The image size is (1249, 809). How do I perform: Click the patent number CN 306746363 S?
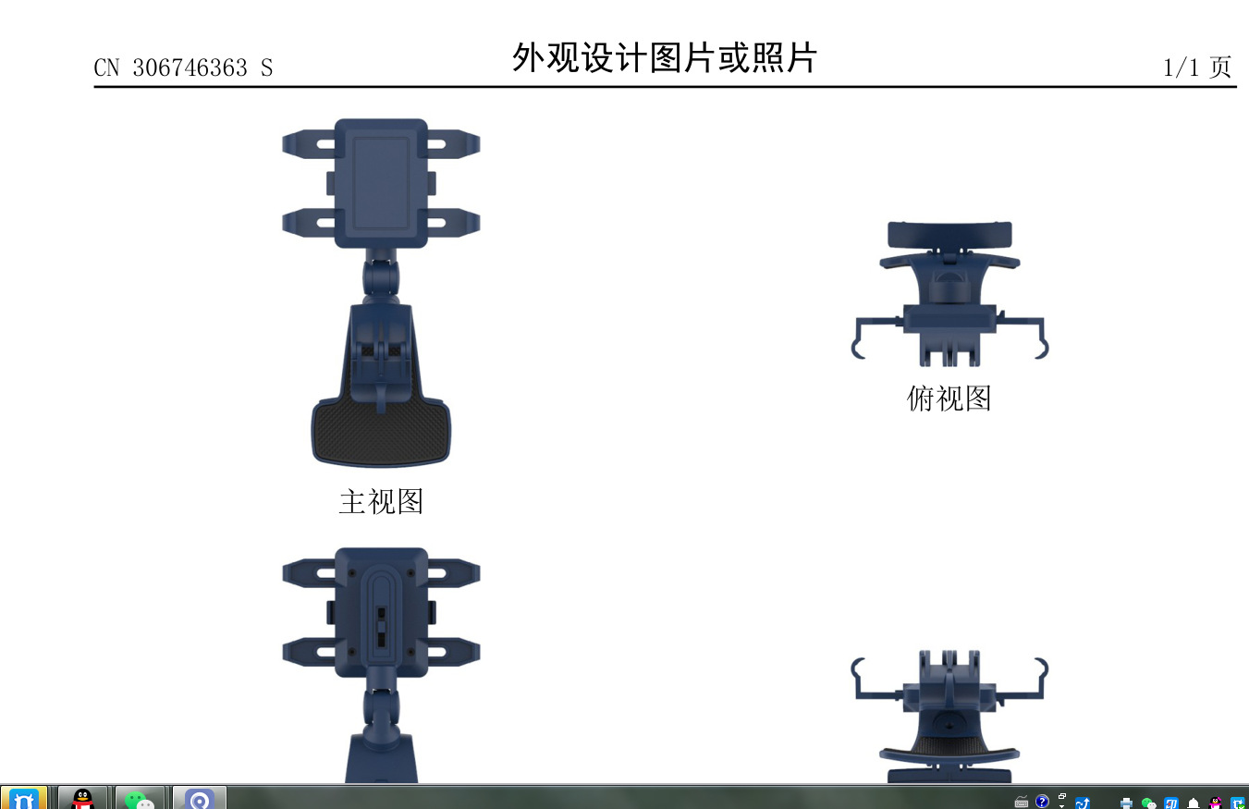183,68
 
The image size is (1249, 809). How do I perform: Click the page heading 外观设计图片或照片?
664,57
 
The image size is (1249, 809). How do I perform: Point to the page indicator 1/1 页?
1196,67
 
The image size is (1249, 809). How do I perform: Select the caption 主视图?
381,502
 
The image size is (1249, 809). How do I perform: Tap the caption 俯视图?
949,398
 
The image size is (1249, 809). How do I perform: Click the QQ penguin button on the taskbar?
82,798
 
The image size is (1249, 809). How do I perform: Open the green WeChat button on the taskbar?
140,798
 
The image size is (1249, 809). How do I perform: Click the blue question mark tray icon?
1042,802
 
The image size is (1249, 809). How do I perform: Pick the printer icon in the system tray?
1126,803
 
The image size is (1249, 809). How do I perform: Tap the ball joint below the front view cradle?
381,277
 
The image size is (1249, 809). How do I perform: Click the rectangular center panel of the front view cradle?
381,183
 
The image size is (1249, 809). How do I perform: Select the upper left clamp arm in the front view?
309,144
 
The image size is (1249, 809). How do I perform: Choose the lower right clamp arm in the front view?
453,223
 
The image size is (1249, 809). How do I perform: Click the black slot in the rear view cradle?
382,627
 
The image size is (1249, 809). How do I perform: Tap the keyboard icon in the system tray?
1021,803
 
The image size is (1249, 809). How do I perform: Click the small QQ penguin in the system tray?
1216,803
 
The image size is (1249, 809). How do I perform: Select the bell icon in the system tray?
1193,803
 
